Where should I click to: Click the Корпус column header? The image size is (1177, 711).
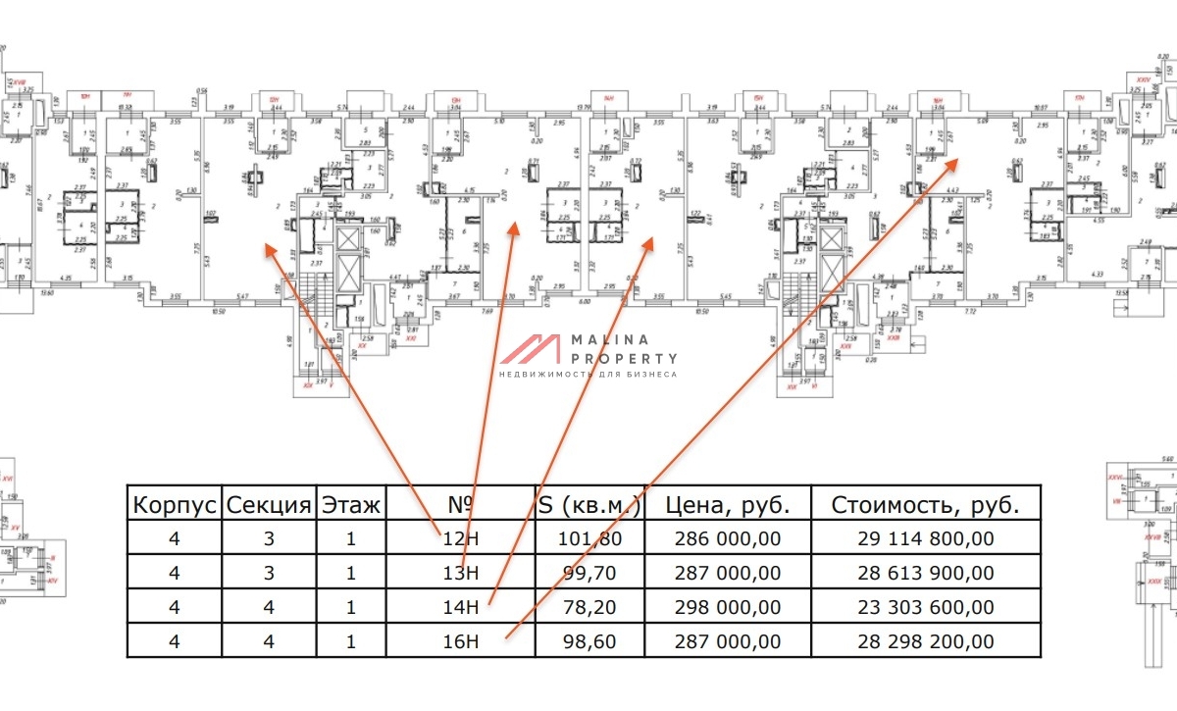coord(175,505)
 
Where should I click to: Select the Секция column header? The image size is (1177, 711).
coord(269,505)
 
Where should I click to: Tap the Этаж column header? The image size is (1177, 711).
coord(351,505)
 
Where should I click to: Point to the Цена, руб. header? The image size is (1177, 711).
coord(728,505)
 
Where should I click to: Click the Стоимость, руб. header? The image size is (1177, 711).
coord(926,505)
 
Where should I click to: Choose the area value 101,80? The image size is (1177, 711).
coord(591,538)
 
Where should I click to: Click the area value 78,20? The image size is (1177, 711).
coord(591,607)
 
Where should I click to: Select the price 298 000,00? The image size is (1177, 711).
coord(728,607)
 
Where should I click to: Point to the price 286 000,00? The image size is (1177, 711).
coord(728,538)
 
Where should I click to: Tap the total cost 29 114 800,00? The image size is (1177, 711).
coord(926,538)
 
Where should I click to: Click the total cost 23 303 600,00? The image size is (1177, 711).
coord(926,607)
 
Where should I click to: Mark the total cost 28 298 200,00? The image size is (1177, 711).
coord(926,641)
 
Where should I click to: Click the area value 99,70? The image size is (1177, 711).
coord(591,573)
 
